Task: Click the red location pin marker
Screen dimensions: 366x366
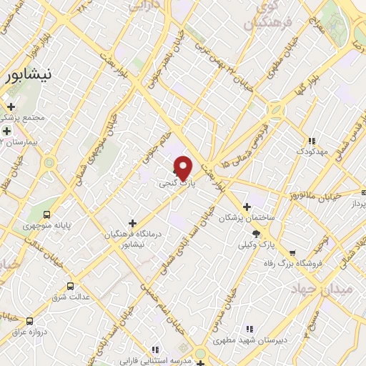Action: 184,168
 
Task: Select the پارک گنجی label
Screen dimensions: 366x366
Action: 177,184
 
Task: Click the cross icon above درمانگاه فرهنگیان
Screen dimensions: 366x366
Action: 132,223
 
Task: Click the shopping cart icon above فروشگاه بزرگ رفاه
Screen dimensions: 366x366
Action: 292,252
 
